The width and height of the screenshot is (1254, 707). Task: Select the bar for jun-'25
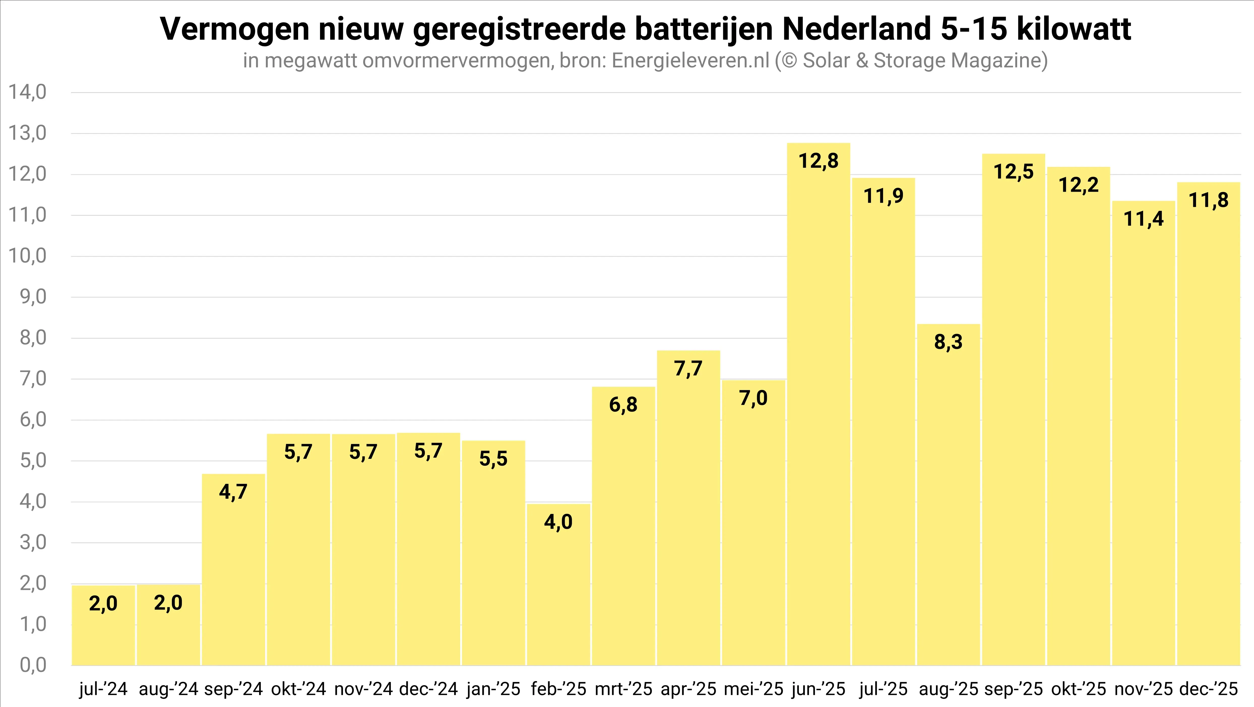tap(818, 404)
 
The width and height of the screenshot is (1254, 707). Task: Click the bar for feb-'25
tap(558, 584)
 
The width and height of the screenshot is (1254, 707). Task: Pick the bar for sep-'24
tap(233, 569)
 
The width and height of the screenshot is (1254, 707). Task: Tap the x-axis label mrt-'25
tap(623, 689)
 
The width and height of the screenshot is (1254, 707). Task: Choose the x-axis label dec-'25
tap(1209, 689)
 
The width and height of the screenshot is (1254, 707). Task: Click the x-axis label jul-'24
tap(103, 689)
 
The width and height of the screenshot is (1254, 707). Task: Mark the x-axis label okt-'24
tap(298, 689)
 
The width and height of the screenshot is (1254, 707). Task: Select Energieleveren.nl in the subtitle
tap(690, 61)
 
